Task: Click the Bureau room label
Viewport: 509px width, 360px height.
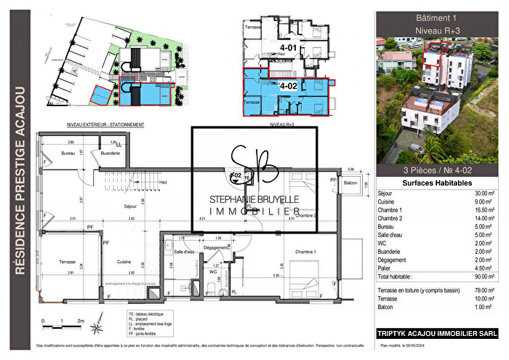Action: pyautogui.click(x=68, y=154)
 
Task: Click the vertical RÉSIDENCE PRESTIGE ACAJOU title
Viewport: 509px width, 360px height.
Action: pyautogui.click(x=20, y=180)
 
